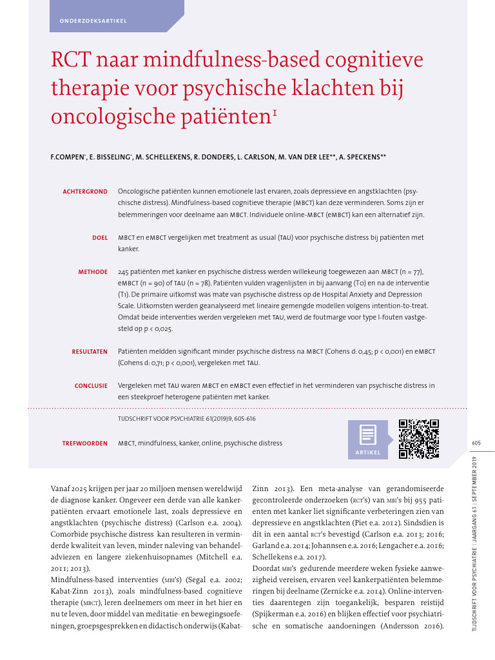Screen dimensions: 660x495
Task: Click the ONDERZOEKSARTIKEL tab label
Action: [93, 21]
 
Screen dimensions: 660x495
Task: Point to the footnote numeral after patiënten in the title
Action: [275, 112]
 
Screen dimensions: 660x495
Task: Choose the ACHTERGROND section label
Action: [84, 191]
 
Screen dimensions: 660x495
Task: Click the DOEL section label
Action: [99, 238]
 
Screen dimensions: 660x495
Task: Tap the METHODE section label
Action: [93, 272]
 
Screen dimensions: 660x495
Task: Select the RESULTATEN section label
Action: [90, 352]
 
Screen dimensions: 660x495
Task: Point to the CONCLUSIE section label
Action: [91, 386]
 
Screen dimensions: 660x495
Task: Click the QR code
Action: [419, 439]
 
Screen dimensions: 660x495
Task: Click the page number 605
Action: [476, 443]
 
